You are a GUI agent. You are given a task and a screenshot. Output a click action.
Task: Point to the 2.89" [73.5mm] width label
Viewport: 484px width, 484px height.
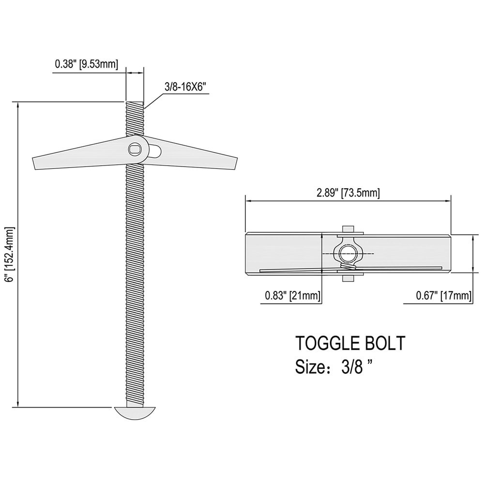point(348,192)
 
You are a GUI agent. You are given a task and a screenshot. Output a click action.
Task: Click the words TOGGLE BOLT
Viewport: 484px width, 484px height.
point(350,343)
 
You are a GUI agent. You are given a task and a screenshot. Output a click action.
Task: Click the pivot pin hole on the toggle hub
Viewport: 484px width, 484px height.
point(135,150)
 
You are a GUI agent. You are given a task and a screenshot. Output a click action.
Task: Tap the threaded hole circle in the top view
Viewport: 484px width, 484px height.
point(348,253)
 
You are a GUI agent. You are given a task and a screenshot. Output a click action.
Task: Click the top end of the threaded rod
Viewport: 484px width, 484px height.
point(135,103)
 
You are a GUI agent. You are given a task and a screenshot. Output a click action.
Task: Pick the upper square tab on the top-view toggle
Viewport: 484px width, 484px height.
point(348,229)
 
